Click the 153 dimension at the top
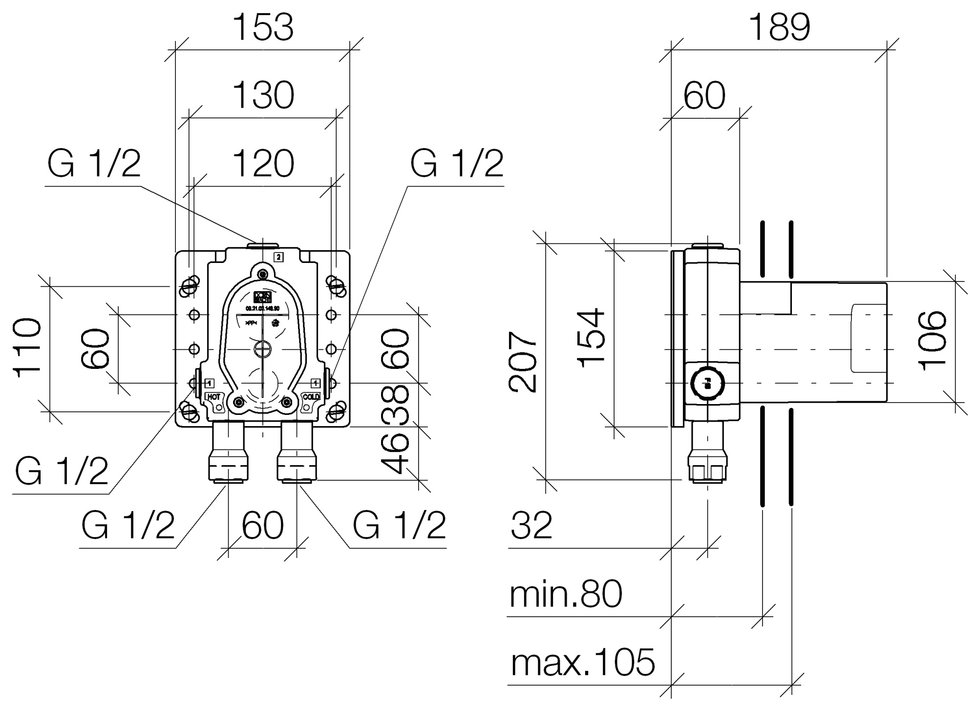[264, 27]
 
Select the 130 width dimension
[264, 95]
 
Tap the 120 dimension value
[264, 163]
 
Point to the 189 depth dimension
[779, 27]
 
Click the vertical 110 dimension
[28, 347]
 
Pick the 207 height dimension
[523, 362]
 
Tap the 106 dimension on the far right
[933, 341]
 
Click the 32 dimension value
[531, 526]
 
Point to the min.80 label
[566, 594]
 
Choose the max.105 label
[582, 663]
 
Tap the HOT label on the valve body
[214, 397]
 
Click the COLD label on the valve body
[311, 397]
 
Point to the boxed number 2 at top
[278, 257]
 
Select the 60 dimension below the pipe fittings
[263, 526]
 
